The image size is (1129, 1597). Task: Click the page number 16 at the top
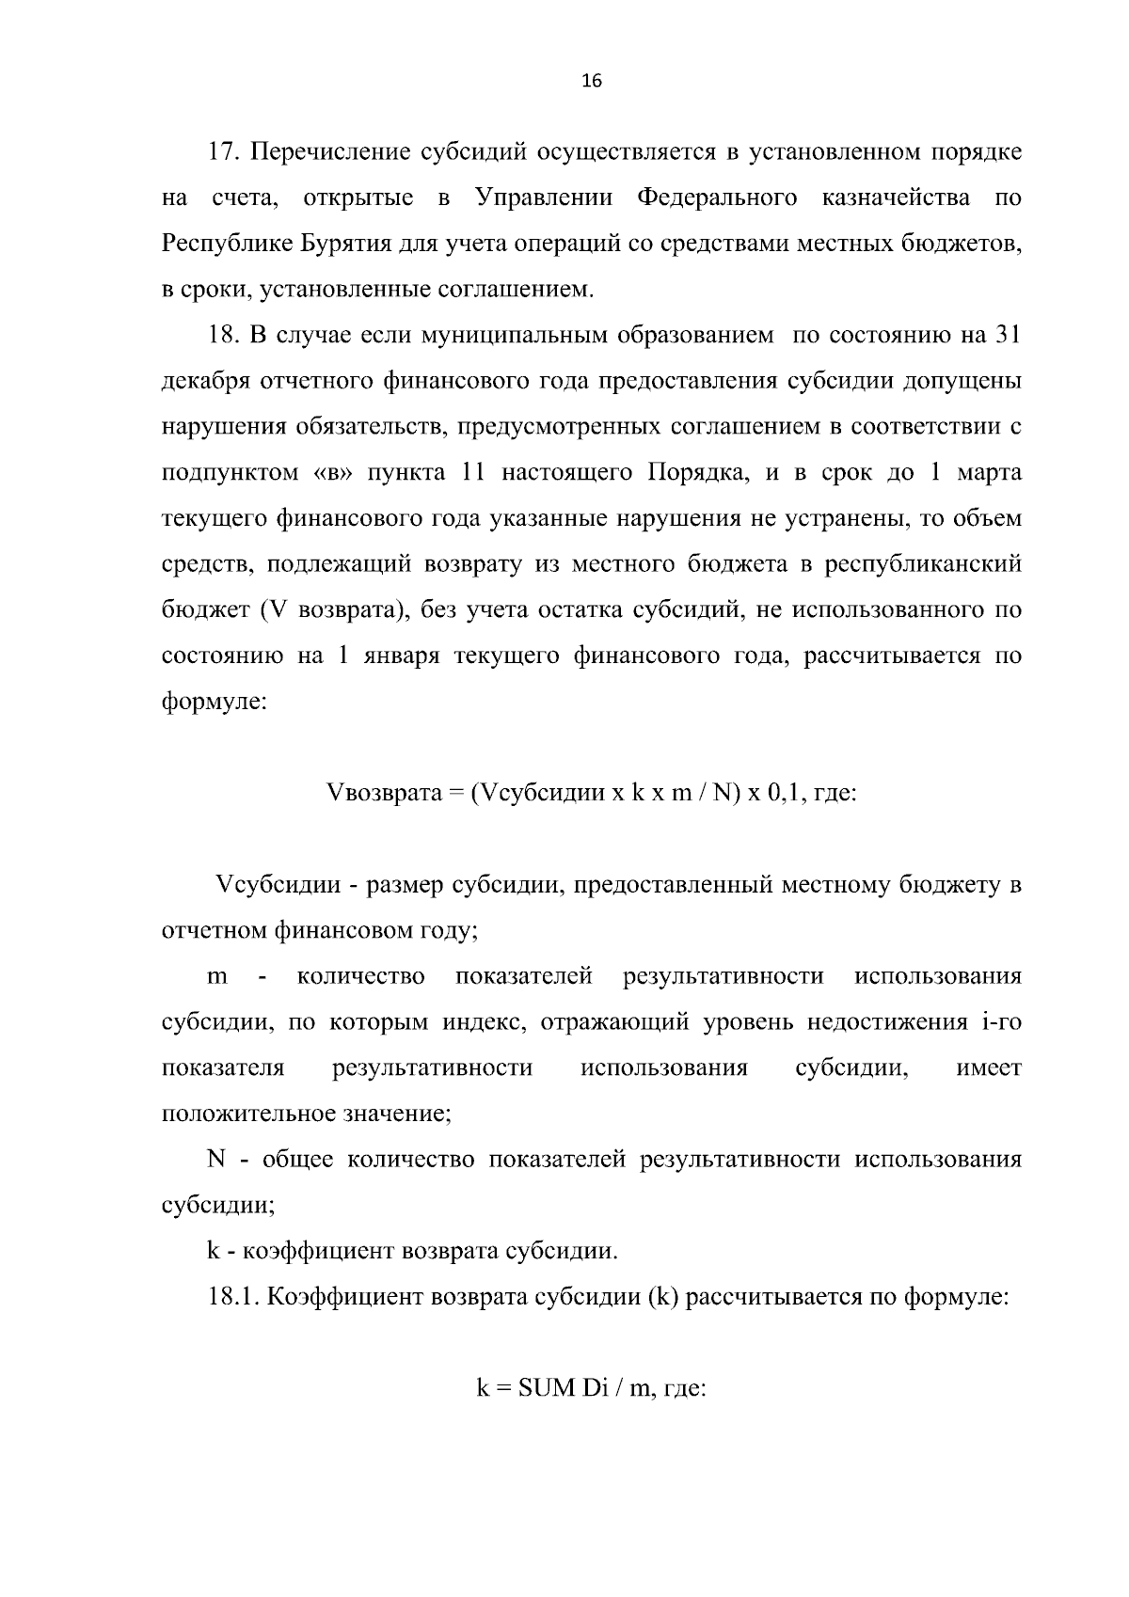[x=592, y=81]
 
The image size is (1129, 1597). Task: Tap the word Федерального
[x=717, y=198]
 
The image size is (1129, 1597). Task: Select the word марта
[x=989, y=473]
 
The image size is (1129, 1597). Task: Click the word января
[x=390, y=656]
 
